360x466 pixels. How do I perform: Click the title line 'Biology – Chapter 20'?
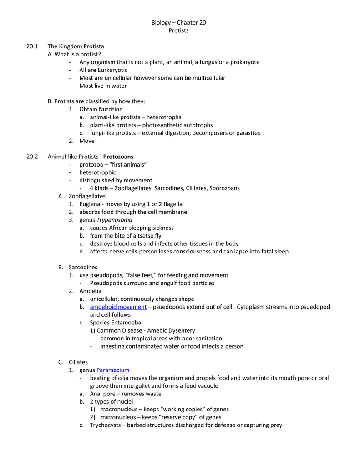[178, 23]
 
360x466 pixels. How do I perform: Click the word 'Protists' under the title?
[178, 30]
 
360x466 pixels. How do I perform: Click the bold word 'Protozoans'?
[118, 157]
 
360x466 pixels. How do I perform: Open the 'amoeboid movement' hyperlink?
[118, 307]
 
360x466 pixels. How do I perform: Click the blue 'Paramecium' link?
[113, 370]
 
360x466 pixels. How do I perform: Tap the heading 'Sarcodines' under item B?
[83, 267]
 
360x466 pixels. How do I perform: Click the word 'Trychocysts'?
[106, 425]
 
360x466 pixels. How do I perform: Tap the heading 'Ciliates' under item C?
[78, 362]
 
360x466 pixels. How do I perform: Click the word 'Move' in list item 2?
[87, 141]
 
